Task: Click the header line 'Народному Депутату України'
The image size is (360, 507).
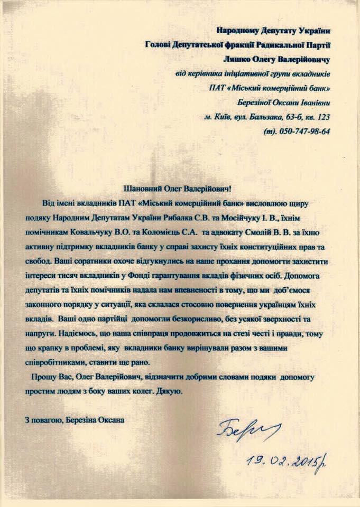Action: [x=273, y=31]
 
